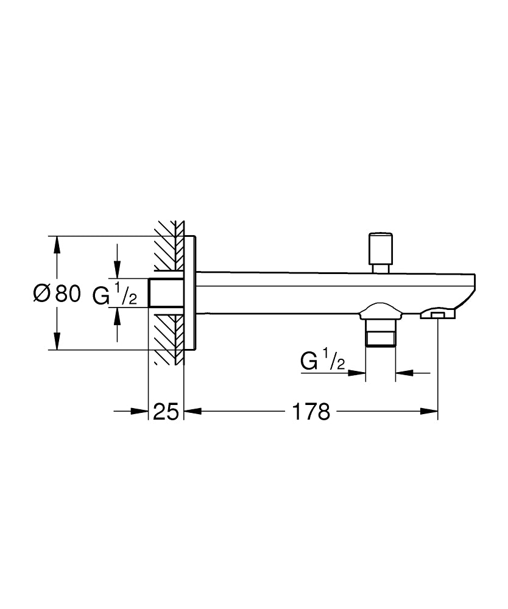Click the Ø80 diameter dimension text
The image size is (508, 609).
click(57, 294)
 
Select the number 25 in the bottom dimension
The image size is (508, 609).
click(166, 412)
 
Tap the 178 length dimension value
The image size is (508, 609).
click(311, 412)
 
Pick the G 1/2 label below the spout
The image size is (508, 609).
click(323, 362)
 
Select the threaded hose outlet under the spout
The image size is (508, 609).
click(381, 333)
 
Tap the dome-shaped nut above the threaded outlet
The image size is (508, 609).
click(381, 312)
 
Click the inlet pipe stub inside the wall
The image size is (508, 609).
click(166, 293)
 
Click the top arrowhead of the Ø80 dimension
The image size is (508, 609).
click(57, 244)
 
